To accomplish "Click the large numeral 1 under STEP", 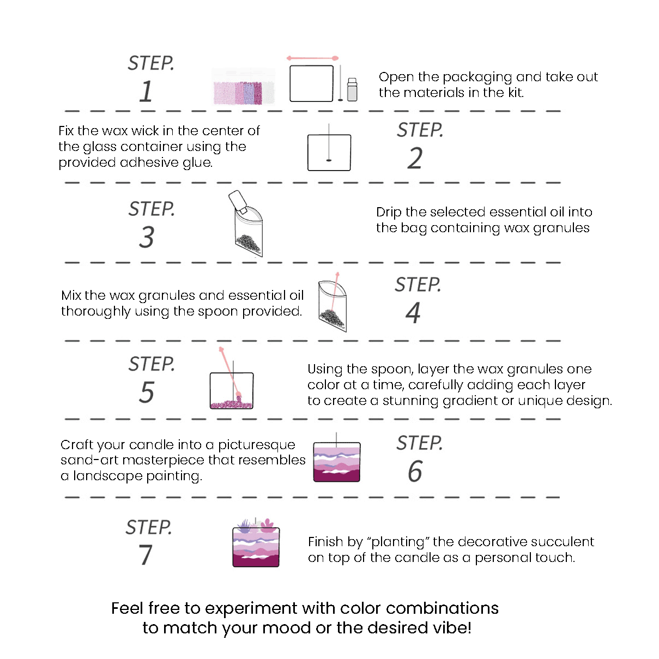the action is (x=147, y=92).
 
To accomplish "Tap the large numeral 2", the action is (x=415, y=158).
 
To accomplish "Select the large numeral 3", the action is (x=147, y=237).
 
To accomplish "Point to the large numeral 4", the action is (x=413, y=312).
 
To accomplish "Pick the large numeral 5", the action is (x=147, y=392).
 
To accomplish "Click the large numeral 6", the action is (x=415, y=471).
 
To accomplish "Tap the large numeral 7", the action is (x=146, y=554).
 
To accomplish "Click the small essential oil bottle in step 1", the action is (x=352, y=89).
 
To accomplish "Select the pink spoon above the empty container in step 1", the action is (x=312, y=58).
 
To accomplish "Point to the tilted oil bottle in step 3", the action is (x=238, y=202).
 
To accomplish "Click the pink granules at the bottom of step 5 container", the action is (x=232, y=404).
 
